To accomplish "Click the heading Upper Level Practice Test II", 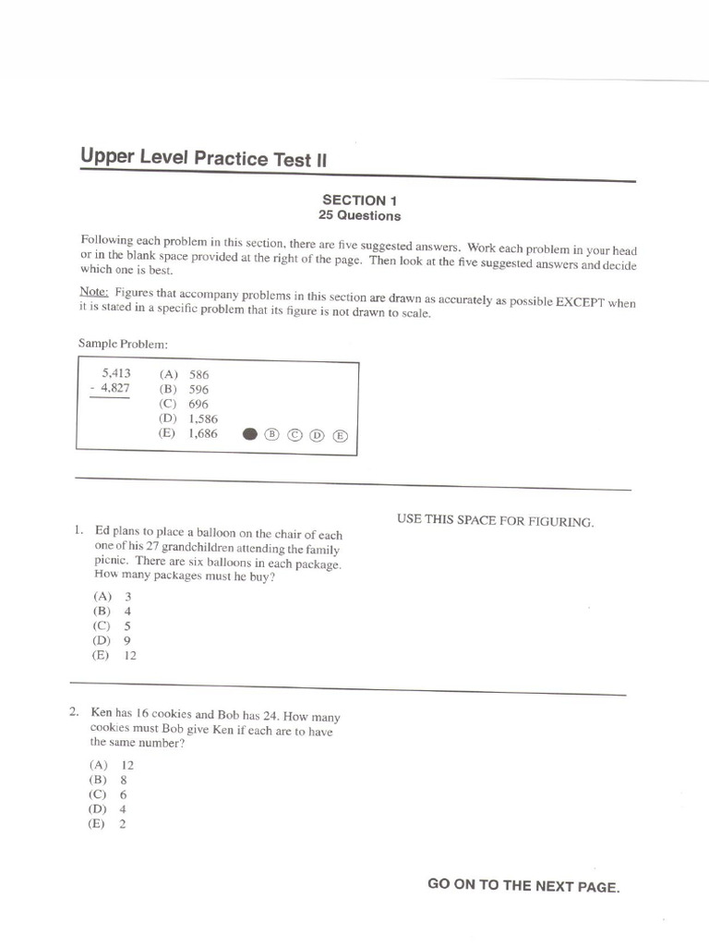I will [203, 158].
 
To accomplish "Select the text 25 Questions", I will [359, 216].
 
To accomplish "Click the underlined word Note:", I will [95, 293].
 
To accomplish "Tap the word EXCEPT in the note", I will [583, 303].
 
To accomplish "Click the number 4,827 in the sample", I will [115, 388].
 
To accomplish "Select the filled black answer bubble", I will [249, 434].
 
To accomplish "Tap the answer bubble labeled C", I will [294, 435].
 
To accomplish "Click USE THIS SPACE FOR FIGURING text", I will [496, 521].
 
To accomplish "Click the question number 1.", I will [78, 531].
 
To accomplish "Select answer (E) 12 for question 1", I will [114, 655].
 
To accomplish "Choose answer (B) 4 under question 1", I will [112, 611].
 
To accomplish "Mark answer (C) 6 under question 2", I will [108, 794].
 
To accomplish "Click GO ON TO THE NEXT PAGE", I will [523, 885].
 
